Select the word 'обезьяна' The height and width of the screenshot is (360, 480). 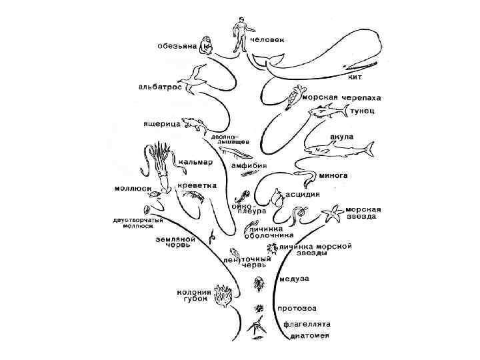coord(177,47)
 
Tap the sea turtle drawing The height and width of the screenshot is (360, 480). coord(295,96)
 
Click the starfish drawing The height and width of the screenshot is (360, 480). coord(333,214)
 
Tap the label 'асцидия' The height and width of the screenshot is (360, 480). coord(303,195)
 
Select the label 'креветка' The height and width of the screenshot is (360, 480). coord(197,185)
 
